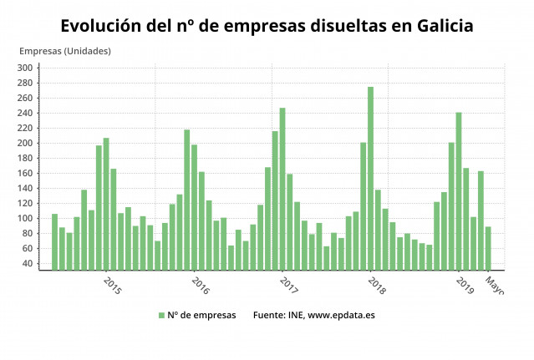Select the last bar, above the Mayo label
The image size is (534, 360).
(x=488, y=247)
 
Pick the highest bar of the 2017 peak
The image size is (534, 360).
(x=282, y=188)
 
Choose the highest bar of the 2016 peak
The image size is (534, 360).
(x=187, y=199)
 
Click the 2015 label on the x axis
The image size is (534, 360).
(x=112, y=286)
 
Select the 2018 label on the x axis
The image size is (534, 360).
(x=376, y=286)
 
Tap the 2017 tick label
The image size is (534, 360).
(x=288, y=286)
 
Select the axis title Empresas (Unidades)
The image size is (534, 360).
(x=64, y=51)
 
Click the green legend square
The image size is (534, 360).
(x=161, y=315)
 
